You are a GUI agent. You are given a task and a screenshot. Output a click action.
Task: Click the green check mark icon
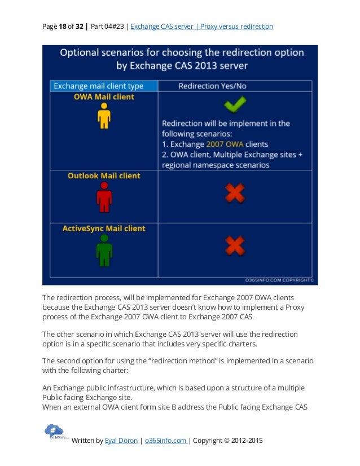tap(234, 104)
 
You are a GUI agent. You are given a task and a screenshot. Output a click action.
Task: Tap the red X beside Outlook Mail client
tap(235, 194)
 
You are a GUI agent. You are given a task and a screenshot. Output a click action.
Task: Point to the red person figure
tap(104, 197)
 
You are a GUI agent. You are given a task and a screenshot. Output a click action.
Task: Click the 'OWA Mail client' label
tap(104, 97)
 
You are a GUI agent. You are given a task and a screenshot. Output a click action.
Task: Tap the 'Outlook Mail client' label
tap(104, 176)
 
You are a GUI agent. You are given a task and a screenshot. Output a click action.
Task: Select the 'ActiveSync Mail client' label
tap(104, 228)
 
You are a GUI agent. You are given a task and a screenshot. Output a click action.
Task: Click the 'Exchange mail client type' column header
tap(98, 86)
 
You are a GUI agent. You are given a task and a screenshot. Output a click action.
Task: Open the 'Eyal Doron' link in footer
tap(121, 441)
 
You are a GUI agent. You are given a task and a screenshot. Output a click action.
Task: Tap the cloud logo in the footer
tap(54, 432)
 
